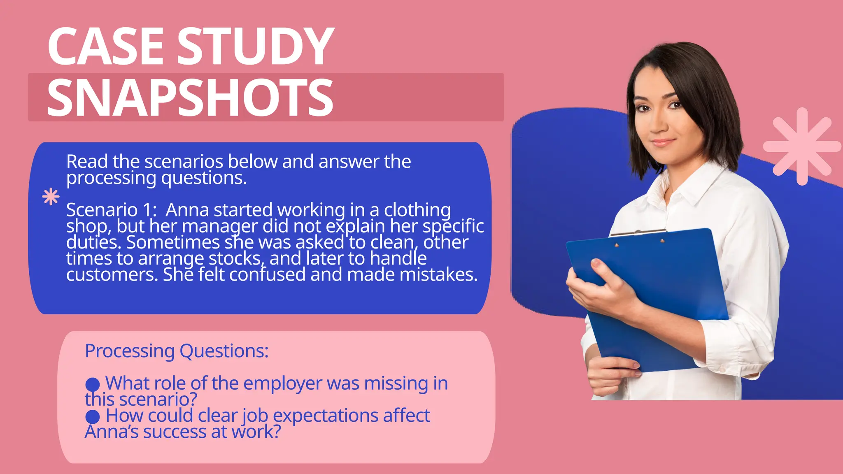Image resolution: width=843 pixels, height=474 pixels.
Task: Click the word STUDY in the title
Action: pyautogui.click(x=255, y=46)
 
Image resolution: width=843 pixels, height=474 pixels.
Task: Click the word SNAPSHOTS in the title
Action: pyautogui.click(x=190, y=98)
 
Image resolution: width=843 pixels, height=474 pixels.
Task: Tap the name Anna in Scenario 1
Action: pyautogui.click(x=187, y=210)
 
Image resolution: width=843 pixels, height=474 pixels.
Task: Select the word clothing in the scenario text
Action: pyautogui.click(x=417, y=210)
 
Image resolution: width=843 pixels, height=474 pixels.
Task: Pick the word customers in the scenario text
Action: pyautogui.click(x=112, y=275)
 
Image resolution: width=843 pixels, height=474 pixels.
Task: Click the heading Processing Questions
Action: pyautogui.click(x=177, y=351)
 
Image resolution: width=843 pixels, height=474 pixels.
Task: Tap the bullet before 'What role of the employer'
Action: pyautogui.click(x=93, y=384)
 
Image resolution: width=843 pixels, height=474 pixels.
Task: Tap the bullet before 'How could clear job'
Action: pyautogui.click(x=93, y=416)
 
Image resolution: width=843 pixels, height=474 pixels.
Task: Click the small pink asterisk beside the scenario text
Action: pyautogui.click(x=51, y=197)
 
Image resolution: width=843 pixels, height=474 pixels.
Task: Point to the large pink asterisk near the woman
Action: pyautogui.click(x=801, y=146)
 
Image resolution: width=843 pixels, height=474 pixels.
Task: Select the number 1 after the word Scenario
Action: pyautogui.click(x=147, y=210)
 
